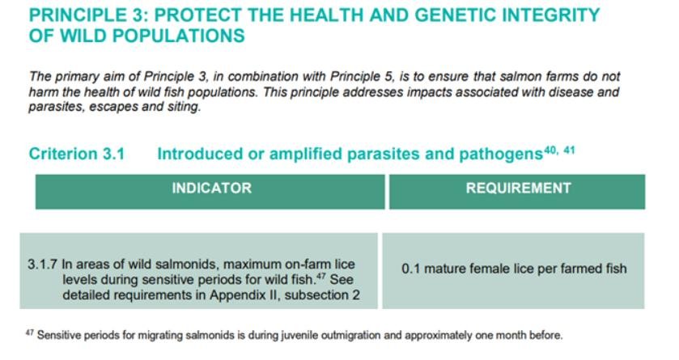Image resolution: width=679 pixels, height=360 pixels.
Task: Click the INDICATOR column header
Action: (x=212, y=188)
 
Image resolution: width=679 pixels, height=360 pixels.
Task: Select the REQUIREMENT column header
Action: (x=518, y=188)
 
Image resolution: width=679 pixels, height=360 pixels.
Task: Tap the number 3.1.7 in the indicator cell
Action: (x=42, y=265)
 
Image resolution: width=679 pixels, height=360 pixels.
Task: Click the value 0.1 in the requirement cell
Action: (x=410, y=269)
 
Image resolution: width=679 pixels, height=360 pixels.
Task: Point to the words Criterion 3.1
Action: (x=77, y=154)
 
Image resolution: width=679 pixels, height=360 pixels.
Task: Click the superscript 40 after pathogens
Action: (x=550, y=150)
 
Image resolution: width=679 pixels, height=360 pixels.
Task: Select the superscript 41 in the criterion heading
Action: (x=569, y=150)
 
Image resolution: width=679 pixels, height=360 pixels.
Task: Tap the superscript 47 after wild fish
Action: (x=320, y=276)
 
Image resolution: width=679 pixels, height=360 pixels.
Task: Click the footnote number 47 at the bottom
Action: (x=29, y=332)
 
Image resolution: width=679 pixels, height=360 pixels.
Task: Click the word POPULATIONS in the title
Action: (x=178, y=36)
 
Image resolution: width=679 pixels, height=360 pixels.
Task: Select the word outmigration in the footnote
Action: (x=345, y=336)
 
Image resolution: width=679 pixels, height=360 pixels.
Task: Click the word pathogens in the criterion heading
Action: (x=501, y=155)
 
